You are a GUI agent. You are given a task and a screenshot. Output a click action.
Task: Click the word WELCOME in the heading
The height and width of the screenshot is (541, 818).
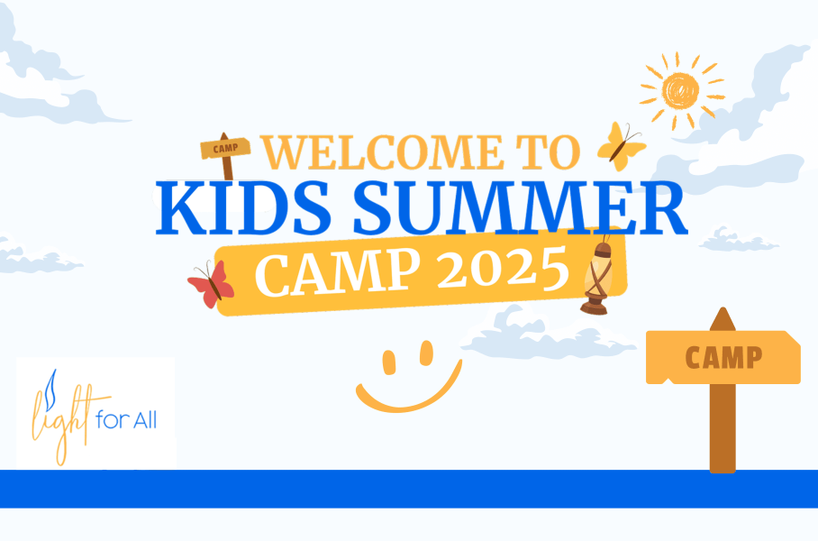pos(382,152)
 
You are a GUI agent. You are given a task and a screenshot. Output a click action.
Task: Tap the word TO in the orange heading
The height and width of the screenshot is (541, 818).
pos(549,152)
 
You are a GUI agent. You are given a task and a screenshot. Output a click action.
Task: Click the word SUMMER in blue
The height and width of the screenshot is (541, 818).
pos(520,208)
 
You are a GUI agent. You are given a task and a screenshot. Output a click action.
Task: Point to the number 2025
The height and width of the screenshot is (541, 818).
pos(503,269)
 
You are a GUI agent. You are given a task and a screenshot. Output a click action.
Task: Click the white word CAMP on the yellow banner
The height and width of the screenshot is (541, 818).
pos(338,272)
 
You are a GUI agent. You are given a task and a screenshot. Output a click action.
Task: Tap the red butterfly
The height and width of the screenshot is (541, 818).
pos(212,285)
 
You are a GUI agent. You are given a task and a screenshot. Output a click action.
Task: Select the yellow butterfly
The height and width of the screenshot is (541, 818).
pos(622,146)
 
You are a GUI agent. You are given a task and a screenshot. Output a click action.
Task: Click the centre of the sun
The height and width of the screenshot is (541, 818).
pos(681,91)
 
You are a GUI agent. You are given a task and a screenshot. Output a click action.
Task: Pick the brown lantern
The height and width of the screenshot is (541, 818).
pos(598,276)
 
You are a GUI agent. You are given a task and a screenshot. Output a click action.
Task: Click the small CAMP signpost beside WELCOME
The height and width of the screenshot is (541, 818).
pos(226,155)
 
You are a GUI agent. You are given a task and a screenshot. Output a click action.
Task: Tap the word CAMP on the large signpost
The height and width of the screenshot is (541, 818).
pos(723,358)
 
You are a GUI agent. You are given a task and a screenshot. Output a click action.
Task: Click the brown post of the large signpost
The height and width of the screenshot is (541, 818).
pos(723,428)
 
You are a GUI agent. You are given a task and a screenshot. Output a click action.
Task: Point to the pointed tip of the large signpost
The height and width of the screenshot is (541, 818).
pos(723,308)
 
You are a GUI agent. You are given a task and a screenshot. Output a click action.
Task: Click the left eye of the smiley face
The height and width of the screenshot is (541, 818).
pos(389,362)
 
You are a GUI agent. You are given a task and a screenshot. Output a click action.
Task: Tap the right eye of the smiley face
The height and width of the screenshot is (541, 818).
pos(427,353)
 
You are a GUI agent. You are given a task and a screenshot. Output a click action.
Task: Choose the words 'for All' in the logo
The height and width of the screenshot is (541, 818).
pos(126,420)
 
